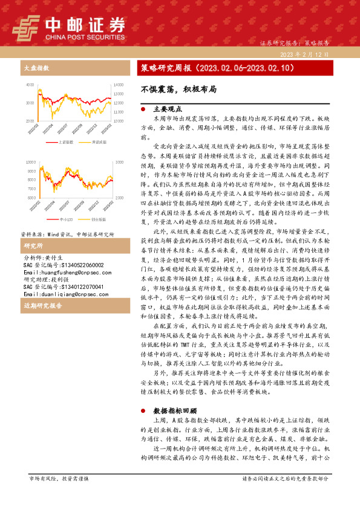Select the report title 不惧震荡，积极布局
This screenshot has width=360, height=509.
(170, 88)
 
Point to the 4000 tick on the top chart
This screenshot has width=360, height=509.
(30, 84)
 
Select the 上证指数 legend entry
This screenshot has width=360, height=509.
(66, 143)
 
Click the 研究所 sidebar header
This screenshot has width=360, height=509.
(33, 247)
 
